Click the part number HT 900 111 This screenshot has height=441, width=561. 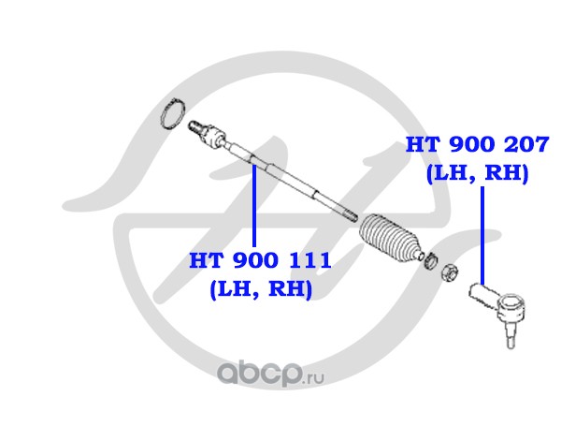click(x=261, y=260)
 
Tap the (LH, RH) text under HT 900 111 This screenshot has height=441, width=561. click(x=261, y=290)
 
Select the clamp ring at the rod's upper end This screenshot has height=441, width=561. click(x=172, y=114)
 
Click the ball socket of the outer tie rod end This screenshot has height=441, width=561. click(x=511, y=306)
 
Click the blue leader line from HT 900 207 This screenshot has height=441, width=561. click(x=482, y=234)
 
